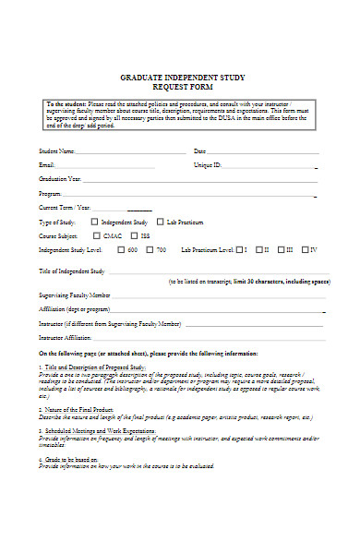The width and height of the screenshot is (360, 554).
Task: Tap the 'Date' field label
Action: (x=199, y=151)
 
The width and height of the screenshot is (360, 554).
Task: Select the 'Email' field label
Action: (x=46, y=164)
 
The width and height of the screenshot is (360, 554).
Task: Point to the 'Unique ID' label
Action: (x=207, y=164)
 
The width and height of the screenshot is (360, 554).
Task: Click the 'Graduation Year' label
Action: (x=60, y=179)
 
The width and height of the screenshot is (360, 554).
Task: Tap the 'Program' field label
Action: (x=49, y=194)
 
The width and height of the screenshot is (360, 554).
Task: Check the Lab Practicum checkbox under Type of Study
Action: (x=159, y=223)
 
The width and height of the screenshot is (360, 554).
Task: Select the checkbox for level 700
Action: (x=150, y=250)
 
